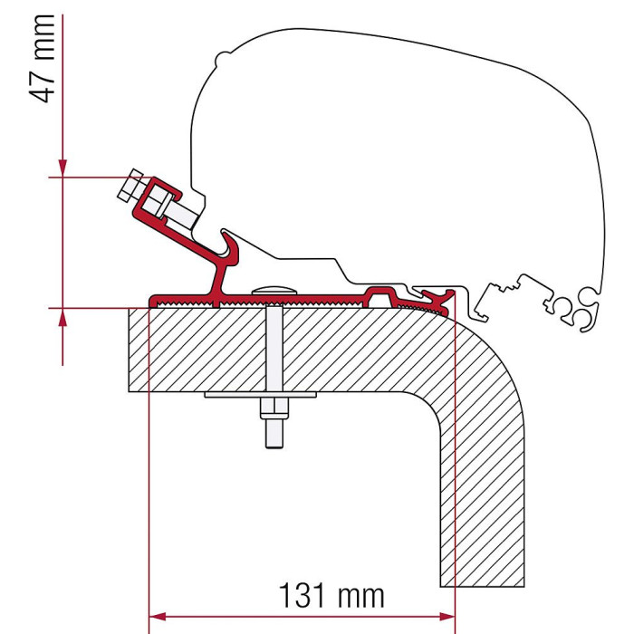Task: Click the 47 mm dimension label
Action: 42,59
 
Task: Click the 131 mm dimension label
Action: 331,596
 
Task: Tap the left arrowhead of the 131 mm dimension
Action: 158,617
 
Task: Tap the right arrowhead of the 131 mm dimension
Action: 447,617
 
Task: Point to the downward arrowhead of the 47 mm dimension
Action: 62,168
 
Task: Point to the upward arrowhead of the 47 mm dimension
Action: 62,317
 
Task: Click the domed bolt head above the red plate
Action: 274,291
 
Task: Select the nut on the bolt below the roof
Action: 274,409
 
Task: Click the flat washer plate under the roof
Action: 261,395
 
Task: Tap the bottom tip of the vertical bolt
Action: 274,447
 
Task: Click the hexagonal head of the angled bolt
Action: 130,185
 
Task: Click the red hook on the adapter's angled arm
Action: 229,249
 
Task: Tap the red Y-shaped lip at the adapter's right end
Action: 438,299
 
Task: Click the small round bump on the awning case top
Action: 222,59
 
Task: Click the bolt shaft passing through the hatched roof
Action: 274,349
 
